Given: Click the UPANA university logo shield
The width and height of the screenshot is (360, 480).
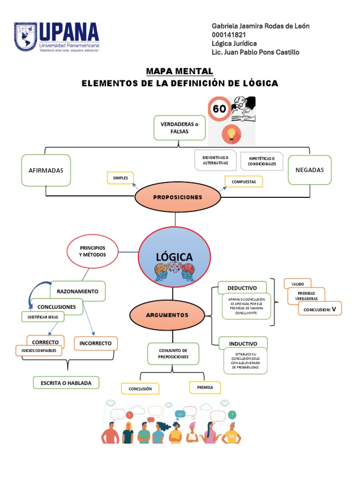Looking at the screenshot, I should coord(26,37).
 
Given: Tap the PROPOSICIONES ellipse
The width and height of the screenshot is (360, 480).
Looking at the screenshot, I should coord(178,197).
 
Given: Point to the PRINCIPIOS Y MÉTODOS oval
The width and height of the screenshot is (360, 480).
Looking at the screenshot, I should coord(92,251).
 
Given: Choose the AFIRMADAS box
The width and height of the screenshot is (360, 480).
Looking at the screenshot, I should coord(46,170).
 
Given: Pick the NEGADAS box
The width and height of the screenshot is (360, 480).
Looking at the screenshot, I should coord(309,170).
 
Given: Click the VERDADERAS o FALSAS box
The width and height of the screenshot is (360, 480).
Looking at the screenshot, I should coord(180,127).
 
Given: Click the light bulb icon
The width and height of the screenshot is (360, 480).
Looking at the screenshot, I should coord(231,134).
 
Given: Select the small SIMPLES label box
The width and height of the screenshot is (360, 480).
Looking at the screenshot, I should coord(120,178).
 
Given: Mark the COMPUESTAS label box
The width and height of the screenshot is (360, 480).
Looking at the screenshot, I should coord(244,181).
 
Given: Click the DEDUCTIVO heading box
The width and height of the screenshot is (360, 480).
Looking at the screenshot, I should coord(242,288).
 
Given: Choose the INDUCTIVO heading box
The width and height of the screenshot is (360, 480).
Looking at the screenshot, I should coord(243,343).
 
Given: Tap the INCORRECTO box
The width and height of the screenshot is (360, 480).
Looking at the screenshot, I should coord(96,343).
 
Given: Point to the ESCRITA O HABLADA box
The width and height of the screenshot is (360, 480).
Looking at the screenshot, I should coord(66,383).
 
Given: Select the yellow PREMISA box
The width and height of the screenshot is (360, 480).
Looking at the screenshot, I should coord(205,387).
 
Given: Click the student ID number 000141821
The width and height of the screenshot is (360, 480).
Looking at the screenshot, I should coord(229,35).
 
